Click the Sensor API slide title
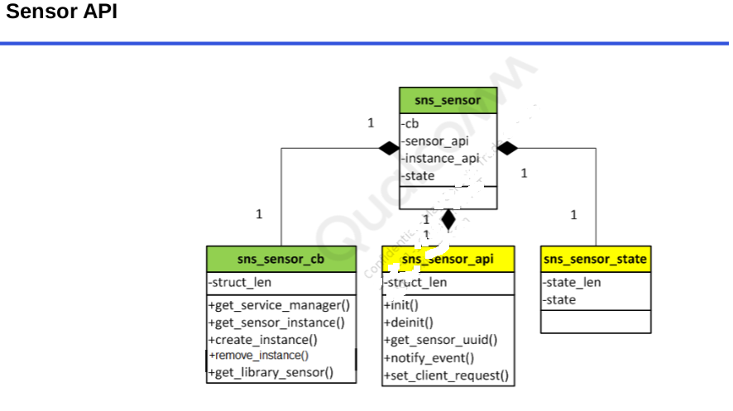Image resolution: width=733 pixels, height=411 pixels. click(62, 13)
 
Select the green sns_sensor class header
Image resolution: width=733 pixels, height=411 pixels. click(448, 100)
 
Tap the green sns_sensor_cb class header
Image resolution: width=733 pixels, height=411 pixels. click(280, 259)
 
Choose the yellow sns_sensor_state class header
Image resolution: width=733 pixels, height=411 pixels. click(595, 259)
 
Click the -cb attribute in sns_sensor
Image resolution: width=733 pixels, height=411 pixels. click(410, 124)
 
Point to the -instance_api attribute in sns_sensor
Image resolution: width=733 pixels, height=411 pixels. click(440, 158)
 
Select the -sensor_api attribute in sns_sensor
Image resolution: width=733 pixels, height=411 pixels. click(435, 141)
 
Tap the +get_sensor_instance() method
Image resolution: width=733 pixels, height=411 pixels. click(276, 323)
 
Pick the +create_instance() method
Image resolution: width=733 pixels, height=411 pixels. click(262, 339)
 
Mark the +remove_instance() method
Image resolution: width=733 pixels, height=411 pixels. click(258, 356)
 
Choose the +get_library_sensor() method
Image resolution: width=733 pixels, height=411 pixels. click(271, 372)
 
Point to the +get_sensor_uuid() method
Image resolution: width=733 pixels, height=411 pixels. click(440, 340)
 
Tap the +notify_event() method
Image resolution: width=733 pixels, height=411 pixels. click(429, 358)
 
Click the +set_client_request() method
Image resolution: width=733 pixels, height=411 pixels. click(446, 375)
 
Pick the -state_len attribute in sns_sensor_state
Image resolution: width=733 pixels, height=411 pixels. click(572, 283)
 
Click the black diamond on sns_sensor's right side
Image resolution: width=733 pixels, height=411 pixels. click(507, 148)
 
